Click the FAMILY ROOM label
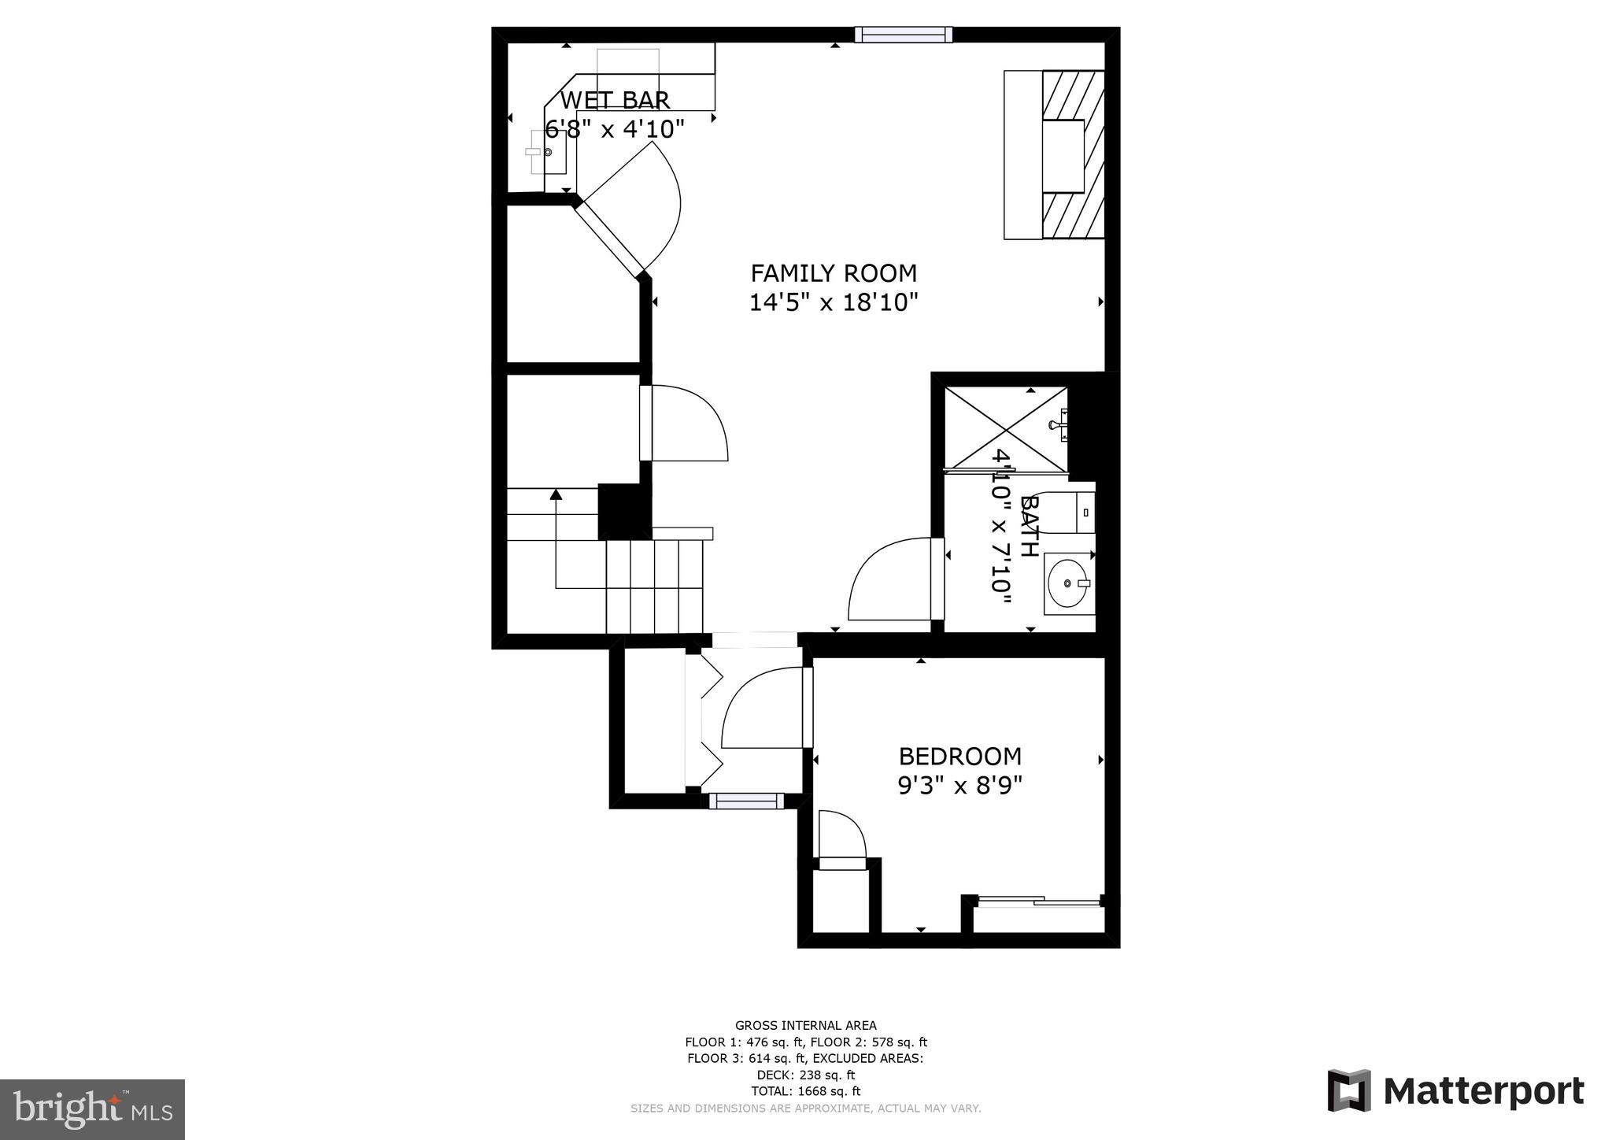coord(834,273)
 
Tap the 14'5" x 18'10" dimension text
coord(834,302)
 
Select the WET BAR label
coord(615,100)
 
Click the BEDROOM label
coord(959,757)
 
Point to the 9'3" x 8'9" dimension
coord(959,786)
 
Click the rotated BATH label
coord(1028,526)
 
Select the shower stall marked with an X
coord(1005,429)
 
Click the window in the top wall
coord(904,35)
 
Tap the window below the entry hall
coord(746,801)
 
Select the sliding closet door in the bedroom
coord(1037,902)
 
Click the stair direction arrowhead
coord(556,494)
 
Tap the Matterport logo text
coord(1483,1092)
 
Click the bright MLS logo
coord(92,1109)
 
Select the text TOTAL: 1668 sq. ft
coord(805,1091)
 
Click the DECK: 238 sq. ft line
coord(805,1075)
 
